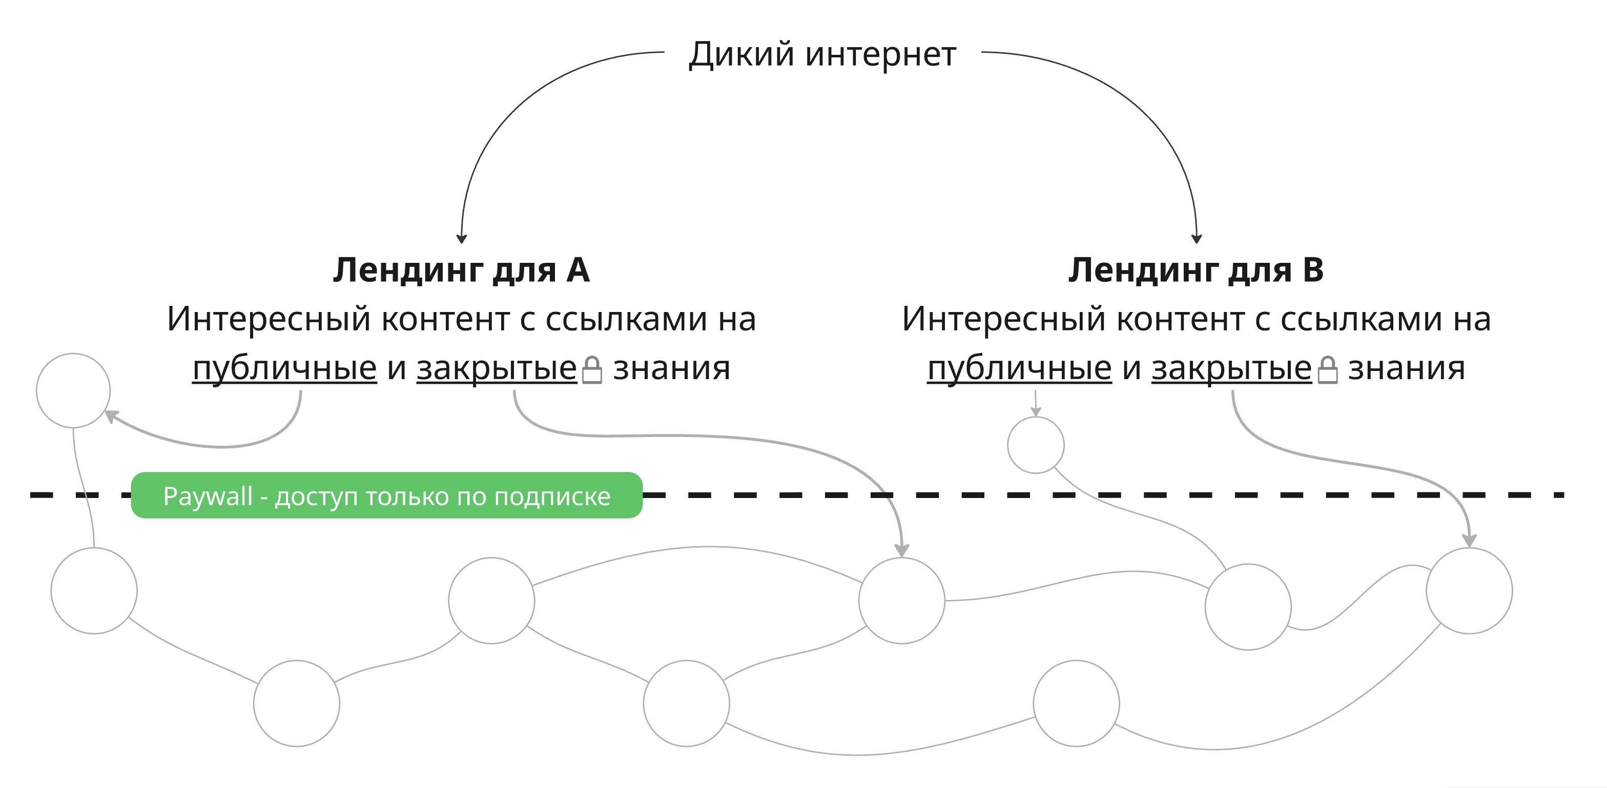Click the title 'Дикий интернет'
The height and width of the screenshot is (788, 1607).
(x=822, y=54)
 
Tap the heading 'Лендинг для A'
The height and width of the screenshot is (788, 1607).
(x=461, y=270)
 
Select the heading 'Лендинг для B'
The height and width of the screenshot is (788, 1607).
(x=1196, y=270)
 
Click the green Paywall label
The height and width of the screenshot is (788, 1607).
(x=386, y=495)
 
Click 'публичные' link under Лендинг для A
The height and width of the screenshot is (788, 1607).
(x=284, y=368)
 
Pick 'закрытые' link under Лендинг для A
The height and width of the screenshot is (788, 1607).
(x=497, y=368)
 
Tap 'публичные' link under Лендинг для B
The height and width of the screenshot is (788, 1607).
(x=1019, y=368)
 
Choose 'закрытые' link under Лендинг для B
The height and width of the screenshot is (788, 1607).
(x=1231, y=368)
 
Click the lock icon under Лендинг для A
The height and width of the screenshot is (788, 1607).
(x=591, y=370)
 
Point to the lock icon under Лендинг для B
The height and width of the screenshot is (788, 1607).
(x=1327, y=370)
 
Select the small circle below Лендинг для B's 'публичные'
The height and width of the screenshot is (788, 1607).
(x=1036, y=445)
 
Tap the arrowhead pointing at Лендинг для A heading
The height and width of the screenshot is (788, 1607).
(x=462, y=238)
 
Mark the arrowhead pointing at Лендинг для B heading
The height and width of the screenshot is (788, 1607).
(x=1197, y=238)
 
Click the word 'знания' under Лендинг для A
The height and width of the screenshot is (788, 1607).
(x=671, y=368)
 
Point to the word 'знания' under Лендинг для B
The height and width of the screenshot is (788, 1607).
(x=1406, y=368)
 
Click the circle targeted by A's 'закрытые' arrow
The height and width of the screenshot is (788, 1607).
(x=901, y=600)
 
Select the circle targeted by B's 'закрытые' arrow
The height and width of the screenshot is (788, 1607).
(x=1469, y=590)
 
